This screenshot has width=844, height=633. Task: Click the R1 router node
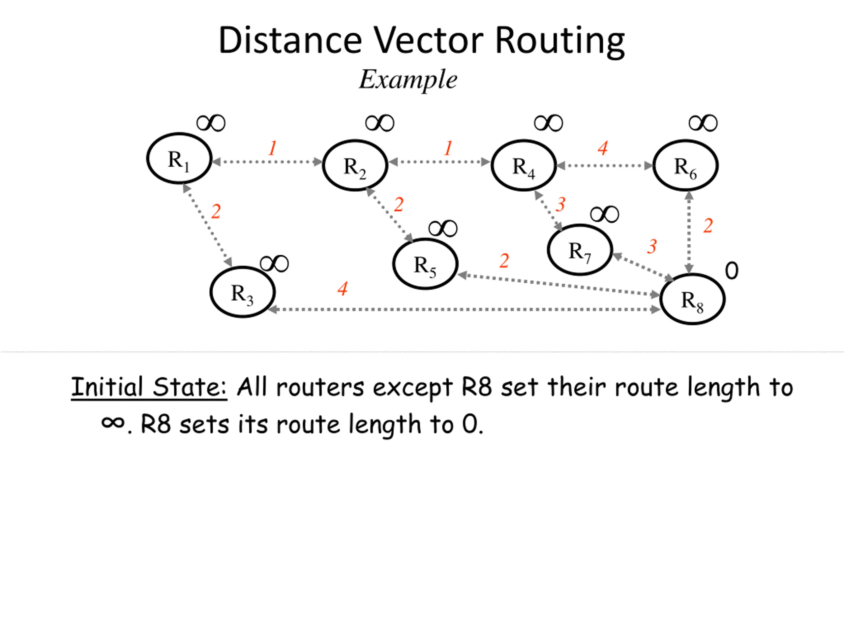tap(179, 158)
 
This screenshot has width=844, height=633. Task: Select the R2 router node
tap(355, 165)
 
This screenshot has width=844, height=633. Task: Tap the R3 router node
tap(243, 292)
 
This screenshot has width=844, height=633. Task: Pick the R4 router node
tap(524, 165)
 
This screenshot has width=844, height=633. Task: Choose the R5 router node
tap(425, 264)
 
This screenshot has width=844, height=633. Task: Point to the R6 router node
tap(686, 165)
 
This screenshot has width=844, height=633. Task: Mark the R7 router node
tap(580, 250)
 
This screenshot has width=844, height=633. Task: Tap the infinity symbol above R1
tap(211, 123)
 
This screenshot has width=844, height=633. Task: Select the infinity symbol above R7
tap(605, 214)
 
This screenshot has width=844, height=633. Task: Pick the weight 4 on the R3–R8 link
tap(343, 289)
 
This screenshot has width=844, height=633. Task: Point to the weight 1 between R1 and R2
tap(272, 148)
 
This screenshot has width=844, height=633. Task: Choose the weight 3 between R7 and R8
tap(652, 247)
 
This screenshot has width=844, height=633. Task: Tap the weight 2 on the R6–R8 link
tap(708, 226)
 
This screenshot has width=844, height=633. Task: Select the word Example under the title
tap(408, 79)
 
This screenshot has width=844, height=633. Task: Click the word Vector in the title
tap(428, 40)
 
